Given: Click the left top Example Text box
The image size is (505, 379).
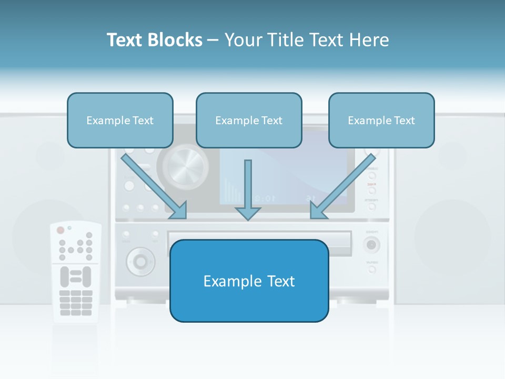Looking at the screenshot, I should pyautogui.click(x=120, y=120).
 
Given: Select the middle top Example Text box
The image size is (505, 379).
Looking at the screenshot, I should pyautogui.click(x=249, y=120).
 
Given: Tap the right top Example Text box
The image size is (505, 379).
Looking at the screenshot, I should pyautogui.click(x=381, y=120).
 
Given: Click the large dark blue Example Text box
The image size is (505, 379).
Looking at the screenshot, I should pyautogui.click(x=249, y=281).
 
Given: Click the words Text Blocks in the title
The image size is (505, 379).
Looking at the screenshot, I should pyautogui.click(x=154, y=40).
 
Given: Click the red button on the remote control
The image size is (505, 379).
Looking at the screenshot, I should pyautogui.click(x=60, y=230).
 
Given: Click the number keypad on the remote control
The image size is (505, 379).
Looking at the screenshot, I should pyautogui.click(x=76, y=303).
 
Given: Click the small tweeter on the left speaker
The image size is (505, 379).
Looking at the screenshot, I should pyautogui.click(x=50, y=155).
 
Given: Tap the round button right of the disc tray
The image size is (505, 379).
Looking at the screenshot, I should pyautogui.click(x=372, y=244).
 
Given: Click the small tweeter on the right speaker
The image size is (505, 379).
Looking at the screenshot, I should pyautogui.click(x=452, y=155).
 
